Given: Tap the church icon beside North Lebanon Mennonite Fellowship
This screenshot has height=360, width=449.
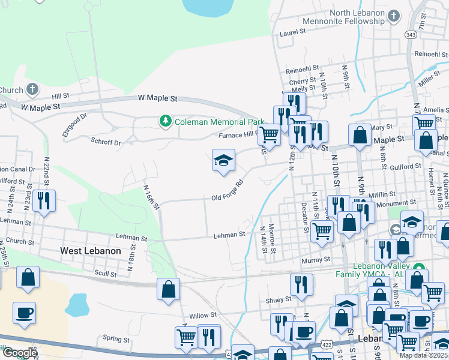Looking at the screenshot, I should [394, 16].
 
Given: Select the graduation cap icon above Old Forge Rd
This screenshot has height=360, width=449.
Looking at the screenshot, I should [223, 161].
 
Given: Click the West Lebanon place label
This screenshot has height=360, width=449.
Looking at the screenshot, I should [91, 251].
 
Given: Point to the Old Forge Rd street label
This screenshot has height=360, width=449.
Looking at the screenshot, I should [227, 191].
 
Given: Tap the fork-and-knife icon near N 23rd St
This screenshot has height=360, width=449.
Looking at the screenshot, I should [44, 200].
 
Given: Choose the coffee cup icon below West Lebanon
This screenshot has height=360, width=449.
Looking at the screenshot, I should [24, 313].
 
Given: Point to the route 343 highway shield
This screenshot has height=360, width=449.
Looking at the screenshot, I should [411, 35].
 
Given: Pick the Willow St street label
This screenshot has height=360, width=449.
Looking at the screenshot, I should [202, 315].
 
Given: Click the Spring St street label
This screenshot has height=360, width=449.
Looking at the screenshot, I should [116, 338].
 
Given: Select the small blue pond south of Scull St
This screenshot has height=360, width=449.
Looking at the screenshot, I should [77, 305].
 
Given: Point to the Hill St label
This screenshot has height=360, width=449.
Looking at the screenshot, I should [61, 96].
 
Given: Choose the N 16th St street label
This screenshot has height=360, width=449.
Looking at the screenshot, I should [151, 196].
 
